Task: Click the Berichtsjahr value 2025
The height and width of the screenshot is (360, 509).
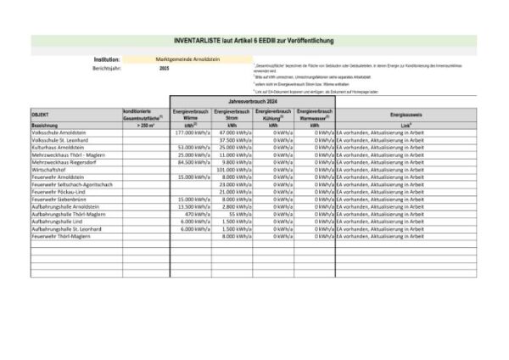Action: tap(164, 68)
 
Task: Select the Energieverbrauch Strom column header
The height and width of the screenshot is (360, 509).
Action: tap(232, 115)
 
